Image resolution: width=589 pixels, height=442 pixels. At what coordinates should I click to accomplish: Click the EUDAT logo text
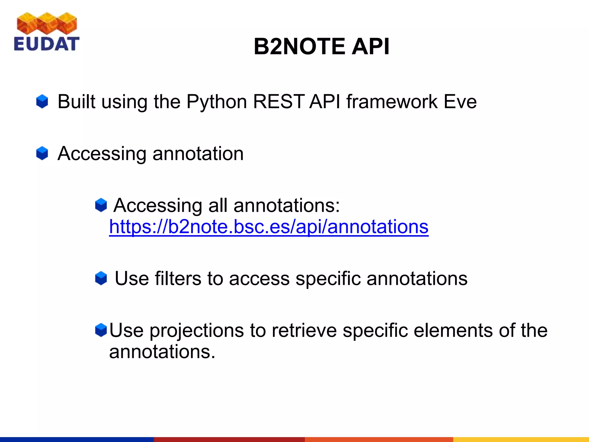tap(46, 44)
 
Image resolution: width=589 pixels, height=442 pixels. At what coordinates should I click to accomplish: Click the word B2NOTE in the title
tap(299, 46)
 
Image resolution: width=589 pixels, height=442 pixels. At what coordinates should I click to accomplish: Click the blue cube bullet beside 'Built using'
tap(42, 102)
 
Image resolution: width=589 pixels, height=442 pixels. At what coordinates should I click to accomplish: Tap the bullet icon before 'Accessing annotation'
tap(42, 153)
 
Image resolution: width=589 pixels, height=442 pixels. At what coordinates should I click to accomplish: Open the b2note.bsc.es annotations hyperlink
tap(269, 227)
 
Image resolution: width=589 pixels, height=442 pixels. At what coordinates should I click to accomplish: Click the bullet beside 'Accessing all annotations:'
tap(101, 205)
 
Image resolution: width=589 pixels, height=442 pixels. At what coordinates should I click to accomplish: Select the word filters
tap(178, 279)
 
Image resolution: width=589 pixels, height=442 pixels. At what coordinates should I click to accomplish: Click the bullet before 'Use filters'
tap(101, 279)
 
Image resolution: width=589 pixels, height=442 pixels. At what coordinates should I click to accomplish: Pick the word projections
tap(196, 331)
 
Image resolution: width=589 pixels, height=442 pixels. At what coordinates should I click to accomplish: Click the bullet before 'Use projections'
tap(101, 330)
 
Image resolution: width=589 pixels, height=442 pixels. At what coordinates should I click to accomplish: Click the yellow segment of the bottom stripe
tap(521, 439)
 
